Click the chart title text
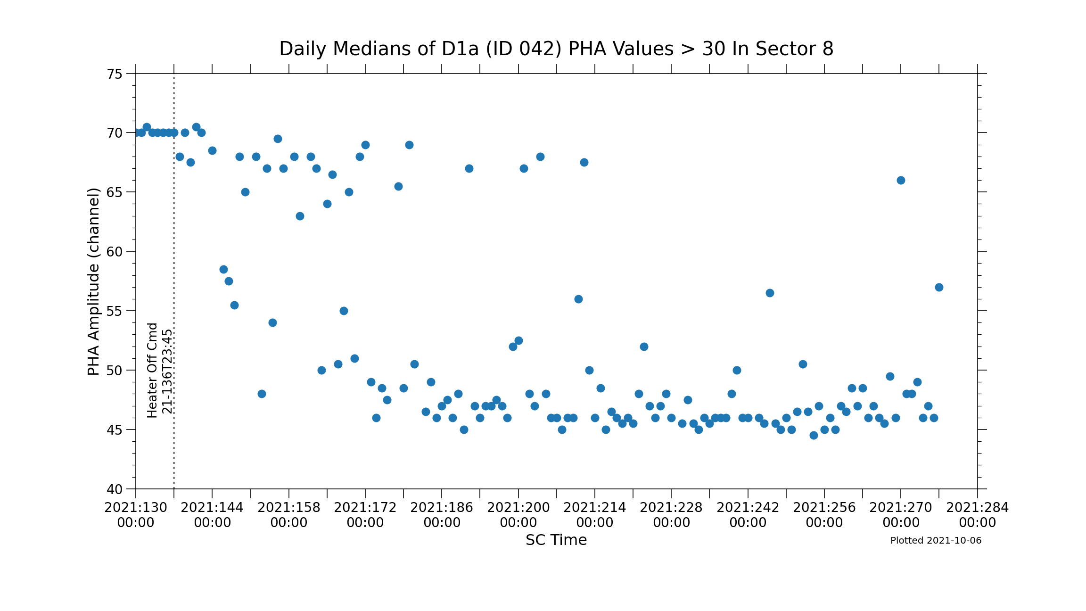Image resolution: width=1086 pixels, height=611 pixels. [556, 49]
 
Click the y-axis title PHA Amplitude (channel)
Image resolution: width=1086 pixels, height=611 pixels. [94, 281]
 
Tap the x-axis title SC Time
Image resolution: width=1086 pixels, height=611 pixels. [556, 540]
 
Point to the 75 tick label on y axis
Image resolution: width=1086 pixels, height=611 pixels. [115, 74]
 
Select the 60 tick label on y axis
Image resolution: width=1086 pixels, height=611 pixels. [115, 252]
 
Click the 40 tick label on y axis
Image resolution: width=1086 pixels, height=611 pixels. [115, 489]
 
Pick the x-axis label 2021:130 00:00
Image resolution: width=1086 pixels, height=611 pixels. [136, 515]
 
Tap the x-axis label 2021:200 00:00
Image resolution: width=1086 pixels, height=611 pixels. [518, 515]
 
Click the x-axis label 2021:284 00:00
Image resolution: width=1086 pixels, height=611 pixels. [978, 515]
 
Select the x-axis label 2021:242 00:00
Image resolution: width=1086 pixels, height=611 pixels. [748, 515]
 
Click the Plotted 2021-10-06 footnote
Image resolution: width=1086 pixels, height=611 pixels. [936, 541]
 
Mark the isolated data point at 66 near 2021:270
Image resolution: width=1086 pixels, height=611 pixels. [901, 181]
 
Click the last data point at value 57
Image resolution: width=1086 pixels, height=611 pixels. [939, 288]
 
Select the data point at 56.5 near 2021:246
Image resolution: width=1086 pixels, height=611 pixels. [770, 293]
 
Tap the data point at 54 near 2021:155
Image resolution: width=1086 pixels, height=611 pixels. [272, 323]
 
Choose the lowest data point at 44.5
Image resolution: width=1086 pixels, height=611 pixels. [814, 436]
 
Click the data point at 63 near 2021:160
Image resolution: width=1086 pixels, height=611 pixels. [300, 216]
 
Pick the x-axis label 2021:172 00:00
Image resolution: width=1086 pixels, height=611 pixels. [365, 515]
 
